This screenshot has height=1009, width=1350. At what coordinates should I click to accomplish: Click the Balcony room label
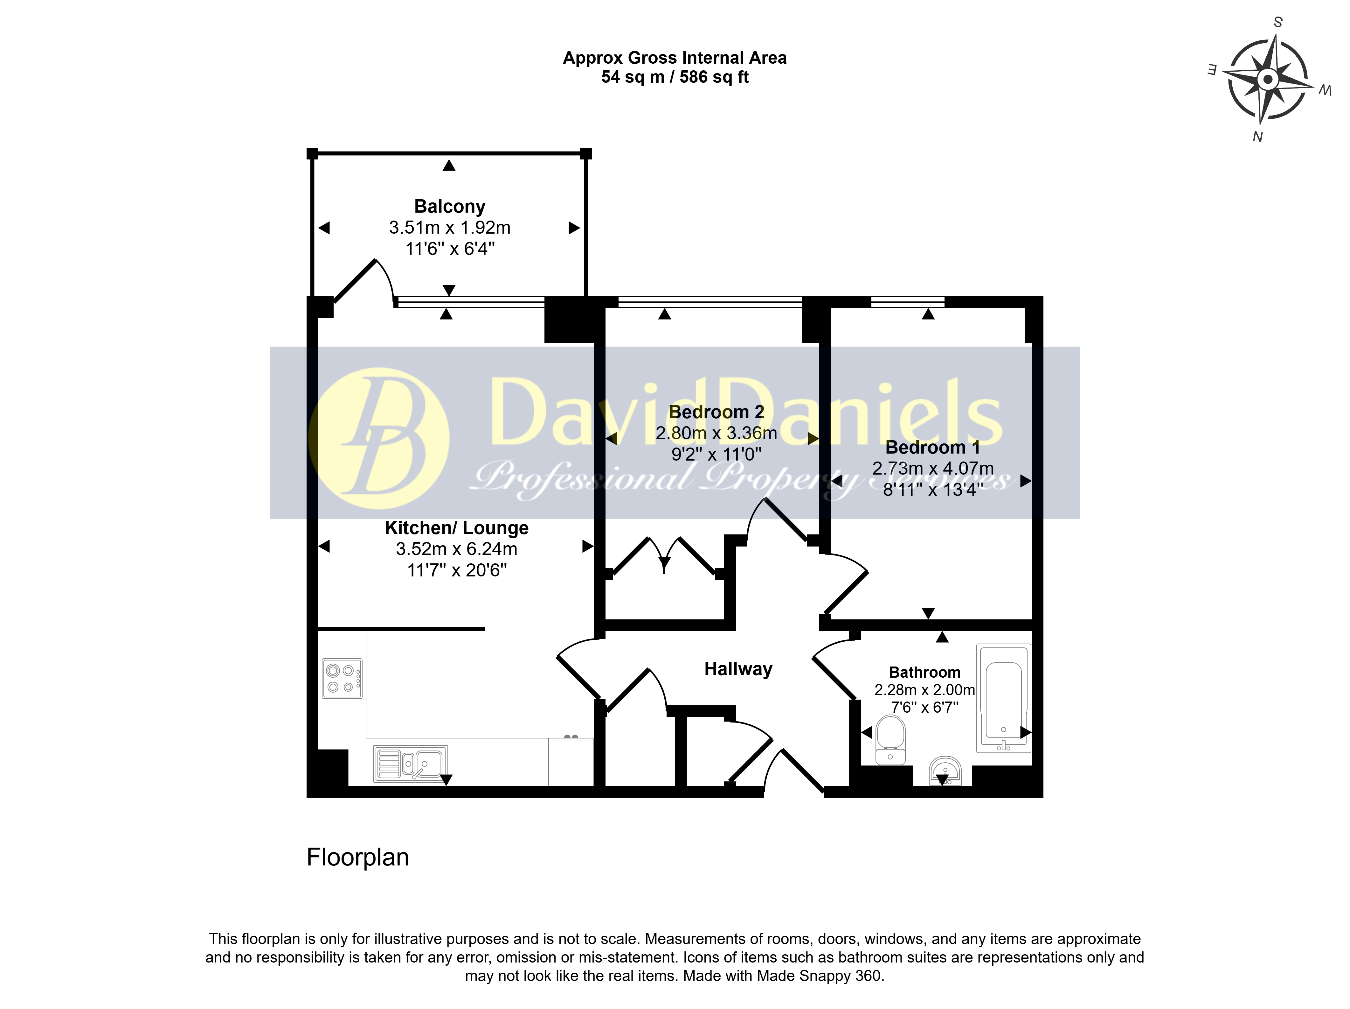tap(450, 207)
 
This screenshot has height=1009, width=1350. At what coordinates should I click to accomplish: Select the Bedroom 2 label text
tap(717, 412)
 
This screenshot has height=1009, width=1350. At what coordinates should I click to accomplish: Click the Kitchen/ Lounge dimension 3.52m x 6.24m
tap(456, 549)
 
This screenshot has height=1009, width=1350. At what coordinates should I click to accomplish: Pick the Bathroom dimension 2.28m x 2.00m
tap(924, 690)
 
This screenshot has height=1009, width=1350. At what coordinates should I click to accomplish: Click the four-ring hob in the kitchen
tap(342, 679)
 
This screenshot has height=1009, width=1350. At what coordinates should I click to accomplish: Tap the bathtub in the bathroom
tap(1003, 698)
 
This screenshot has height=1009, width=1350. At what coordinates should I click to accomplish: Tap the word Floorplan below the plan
tap(358, 857)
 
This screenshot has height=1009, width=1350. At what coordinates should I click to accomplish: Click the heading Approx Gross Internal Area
tap(675, 58)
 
